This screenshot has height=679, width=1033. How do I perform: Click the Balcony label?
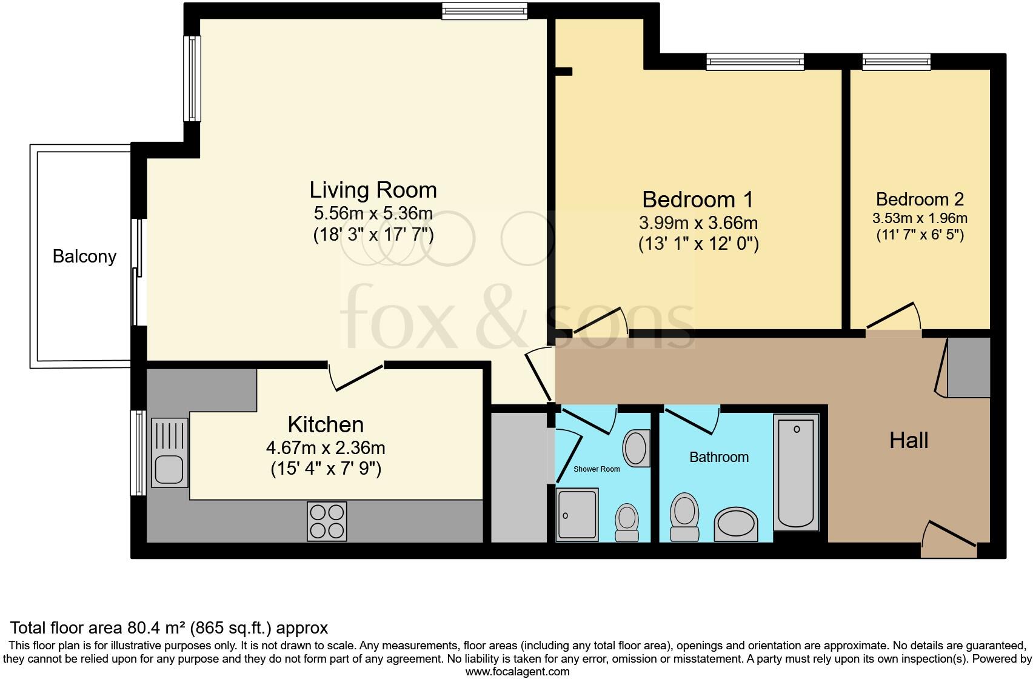tap(84, 256)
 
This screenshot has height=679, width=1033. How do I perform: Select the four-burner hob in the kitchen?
tap(327, 521)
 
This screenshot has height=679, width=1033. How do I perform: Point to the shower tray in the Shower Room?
tap(577, 514)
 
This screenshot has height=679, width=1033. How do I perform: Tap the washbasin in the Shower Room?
tap(636, 448)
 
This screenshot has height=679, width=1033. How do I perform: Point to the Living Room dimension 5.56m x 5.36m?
tap(373, 213)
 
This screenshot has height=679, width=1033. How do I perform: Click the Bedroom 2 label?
tap(920, 199)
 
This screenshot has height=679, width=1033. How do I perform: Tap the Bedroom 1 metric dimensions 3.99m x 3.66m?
tap(698, 222)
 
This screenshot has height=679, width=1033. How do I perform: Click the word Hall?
tap(908, 441)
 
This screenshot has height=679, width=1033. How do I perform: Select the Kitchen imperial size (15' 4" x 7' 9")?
tap(326, 469)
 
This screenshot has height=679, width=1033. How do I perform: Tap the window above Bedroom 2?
tap(896, 61)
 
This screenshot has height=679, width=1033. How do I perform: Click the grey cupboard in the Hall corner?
tap(968, 368)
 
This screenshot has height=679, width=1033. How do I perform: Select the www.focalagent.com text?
tap(517, 672)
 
